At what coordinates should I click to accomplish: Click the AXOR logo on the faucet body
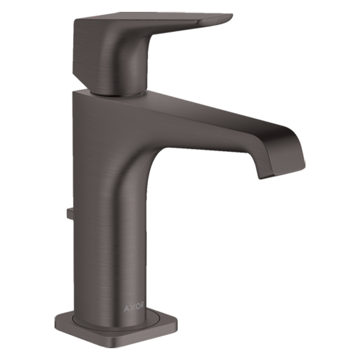pyautogui.click(x=134, y=308)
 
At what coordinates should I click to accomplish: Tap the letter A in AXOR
pyautogui.click(x=126, y=309)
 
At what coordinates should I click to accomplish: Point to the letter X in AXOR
pyautogui.click(x=131, y=308)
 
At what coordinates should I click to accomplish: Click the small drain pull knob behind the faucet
pyautogui.click(x=69, y=213)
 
